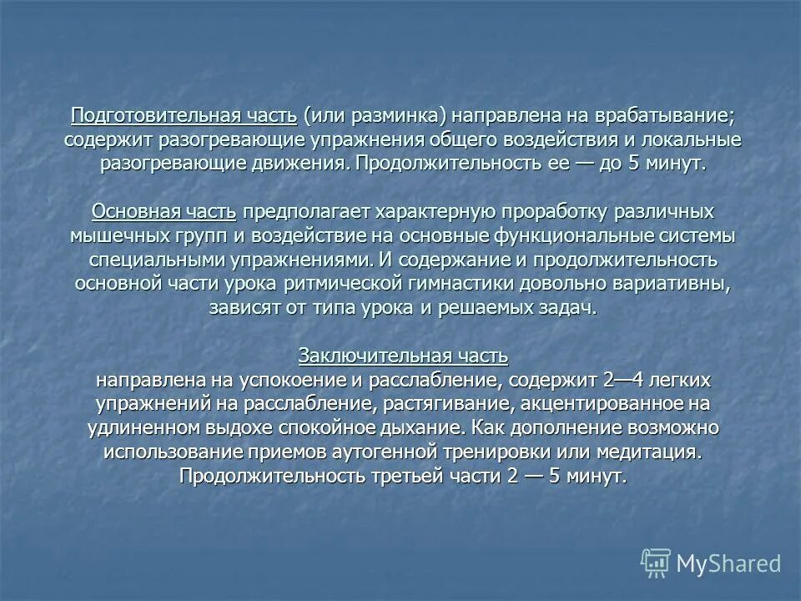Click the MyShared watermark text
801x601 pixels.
(728, 563)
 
